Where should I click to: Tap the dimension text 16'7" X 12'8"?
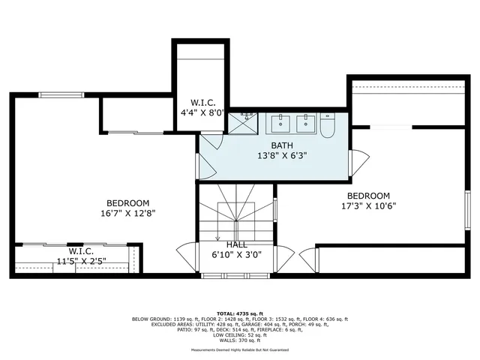[127, 213]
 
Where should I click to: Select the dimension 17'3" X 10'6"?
[367, 205]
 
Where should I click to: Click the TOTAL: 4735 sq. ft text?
[239, 313]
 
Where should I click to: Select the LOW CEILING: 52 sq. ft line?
[240, 334]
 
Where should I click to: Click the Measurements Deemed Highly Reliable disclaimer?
[239, 349]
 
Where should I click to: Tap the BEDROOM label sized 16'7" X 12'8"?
[127, 203]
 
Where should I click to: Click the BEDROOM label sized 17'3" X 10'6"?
[367, 196]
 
